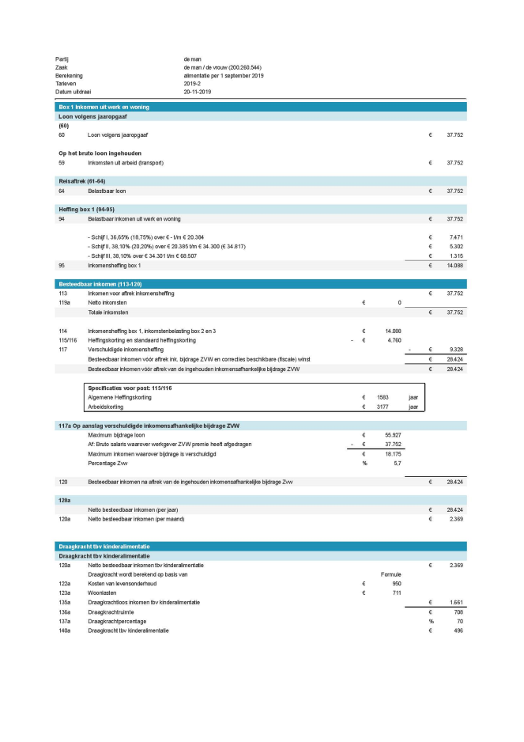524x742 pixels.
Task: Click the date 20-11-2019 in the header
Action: click(198, 92)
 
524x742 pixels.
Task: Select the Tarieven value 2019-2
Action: click(193, 84)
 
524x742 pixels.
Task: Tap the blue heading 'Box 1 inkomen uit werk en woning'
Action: click(104, 107)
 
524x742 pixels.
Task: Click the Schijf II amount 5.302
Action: click(455, 246)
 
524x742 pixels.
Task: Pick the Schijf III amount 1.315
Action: click(455, 256)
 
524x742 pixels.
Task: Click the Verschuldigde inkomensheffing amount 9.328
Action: click(455, 348)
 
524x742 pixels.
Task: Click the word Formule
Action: click(391, 574)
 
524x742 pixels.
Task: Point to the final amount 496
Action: click(458, 630)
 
